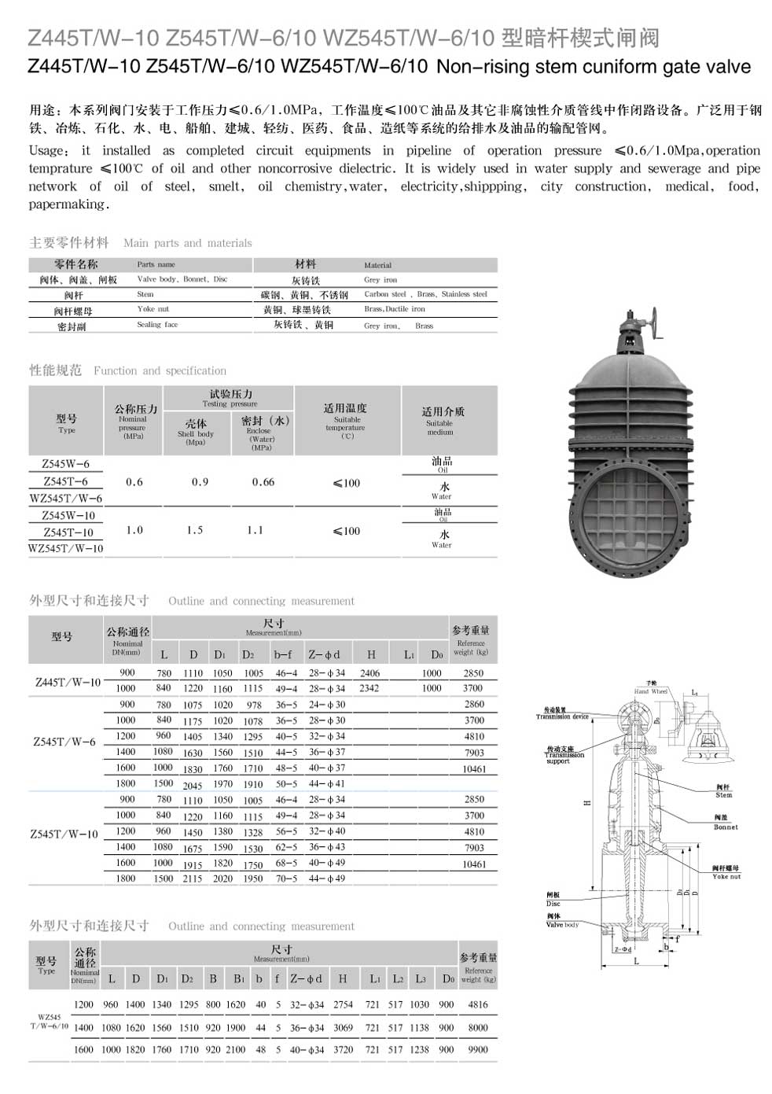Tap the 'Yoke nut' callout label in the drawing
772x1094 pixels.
[x=726, y=875]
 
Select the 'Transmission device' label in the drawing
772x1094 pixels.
[x=562, y=716]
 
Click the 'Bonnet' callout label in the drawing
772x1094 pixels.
[x=725, y=827]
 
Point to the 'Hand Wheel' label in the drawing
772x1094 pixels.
[x=650, y=691]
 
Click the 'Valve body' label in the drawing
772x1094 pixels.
[x=562, y=924]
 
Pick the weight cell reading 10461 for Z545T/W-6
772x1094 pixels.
[x=474, y=769]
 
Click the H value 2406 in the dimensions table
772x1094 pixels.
[x=369, y=673]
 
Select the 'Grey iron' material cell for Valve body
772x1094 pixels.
[x=380, y=280]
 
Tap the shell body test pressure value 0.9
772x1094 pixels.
[x=200, y=482]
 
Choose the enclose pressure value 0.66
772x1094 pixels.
[x=263, y=482]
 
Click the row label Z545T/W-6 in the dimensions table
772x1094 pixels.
[x=64, y=742]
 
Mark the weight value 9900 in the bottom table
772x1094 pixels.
[x=477, y=1049]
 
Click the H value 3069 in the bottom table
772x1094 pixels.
[x=343, y=1027]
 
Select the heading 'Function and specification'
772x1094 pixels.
[x=160, y=370]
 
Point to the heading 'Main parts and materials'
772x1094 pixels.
[x=187, y=243]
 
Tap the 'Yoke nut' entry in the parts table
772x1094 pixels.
[x=153, y=309]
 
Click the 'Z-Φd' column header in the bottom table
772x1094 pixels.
[x=307, y=978]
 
